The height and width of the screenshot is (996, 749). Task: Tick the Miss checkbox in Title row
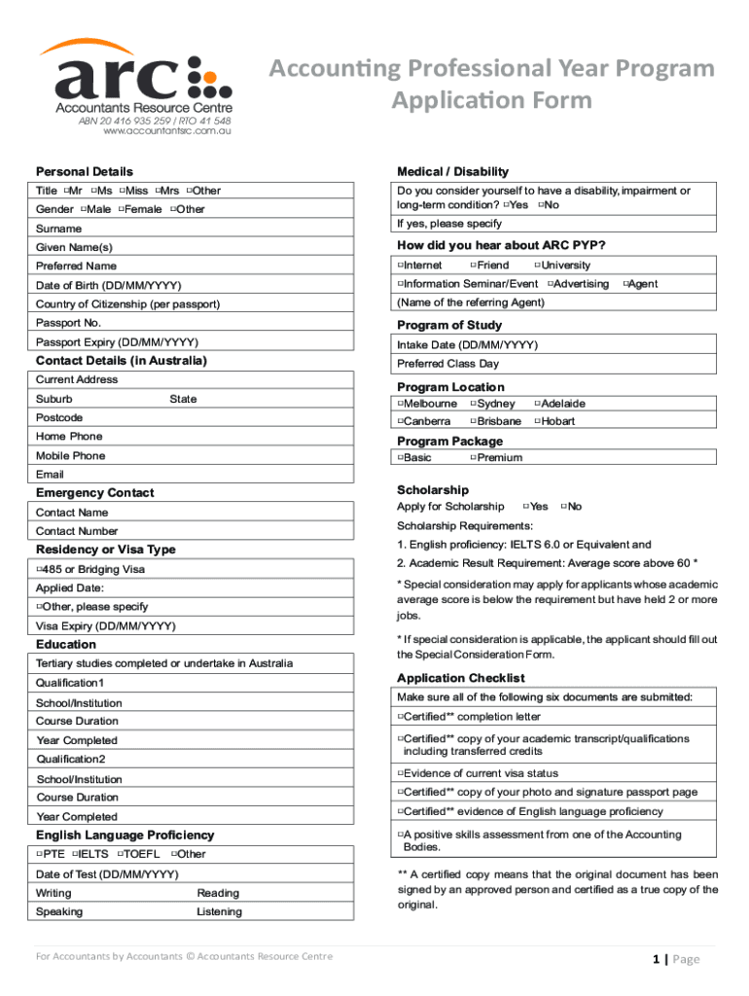123,191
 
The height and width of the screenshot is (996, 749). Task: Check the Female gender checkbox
122,209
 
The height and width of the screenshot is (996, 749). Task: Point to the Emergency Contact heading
94,493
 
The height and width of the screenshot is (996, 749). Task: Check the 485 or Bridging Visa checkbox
39,569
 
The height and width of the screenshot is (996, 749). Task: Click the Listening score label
219,912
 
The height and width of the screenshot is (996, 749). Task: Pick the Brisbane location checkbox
473,421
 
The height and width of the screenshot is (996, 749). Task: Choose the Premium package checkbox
473,457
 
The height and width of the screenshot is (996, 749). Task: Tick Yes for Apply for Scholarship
526,506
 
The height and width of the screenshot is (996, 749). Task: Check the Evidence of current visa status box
400,773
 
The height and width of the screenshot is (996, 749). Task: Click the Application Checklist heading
460,678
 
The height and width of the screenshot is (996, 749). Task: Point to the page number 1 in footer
657,959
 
